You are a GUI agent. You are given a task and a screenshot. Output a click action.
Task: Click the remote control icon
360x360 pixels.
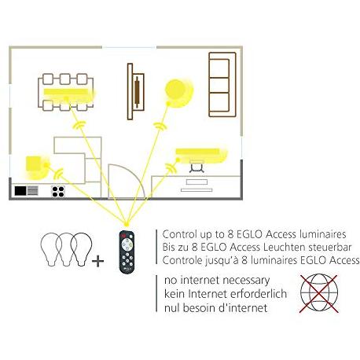pos(127,252)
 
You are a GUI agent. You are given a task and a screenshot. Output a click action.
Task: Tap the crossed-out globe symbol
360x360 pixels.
pos(319,293)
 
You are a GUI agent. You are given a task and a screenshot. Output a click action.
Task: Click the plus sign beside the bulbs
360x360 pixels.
pos(97,261)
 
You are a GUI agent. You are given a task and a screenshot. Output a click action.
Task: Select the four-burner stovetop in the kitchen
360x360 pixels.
pos(58,191)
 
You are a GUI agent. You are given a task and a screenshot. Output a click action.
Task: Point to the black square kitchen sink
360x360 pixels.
pos(20,191)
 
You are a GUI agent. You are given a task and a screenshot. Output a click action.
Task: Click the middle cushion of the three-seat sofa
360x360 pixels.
pos(219,85)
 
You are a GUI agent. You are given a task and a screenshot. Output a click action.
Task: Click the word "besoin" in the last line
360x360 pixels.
pos(199,307)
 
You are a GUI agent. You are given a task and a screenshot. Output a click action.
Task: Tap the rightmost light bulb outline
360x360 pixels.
pos(81,248)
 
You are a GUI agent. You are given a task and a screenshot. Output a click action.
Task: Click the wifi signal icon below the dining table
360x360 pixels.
pos(79,124)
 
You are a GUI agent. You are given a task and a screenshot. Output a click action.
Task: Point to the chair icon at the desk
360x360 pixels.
pos(197,167)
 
